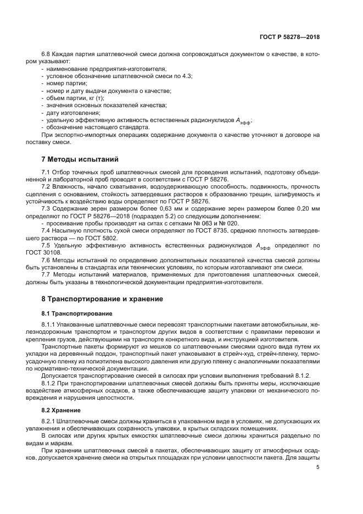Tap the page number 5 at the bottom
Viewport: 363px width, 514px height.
point(318,467)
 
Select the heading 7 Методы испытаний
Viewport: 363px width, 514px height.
point(80,159)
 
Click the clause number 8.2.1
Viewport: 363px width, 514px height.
point(51,421)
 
